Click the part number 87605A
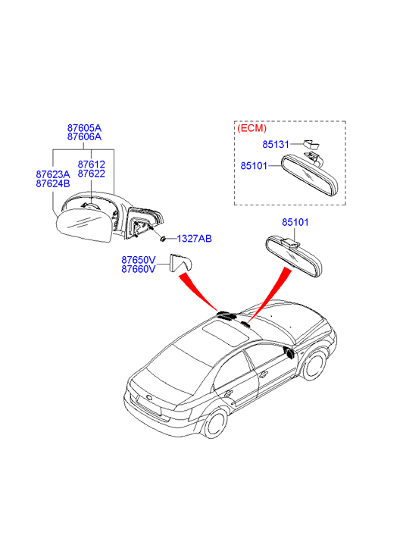coord(84,127)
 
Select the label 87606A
coord(84,136)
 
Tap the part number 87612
coord(92,164)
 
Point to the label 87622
coord(92,174)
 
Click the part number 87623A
coord(53,174)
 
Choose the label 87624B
coord(53,183)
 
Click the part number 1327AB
coord(194,239)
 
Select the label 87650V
coord(139,260)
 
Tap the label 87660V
coord(139,269)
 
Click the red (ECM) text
coord(252,128)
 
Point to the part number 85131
coord(276,144)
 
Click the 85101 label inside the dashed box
coord(254,165)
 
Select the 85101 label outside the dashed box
coord(295,222)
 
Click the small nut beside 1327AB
coord(164,239)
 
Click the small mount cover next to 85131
coord(311,144)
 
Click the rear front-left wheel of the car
coord(215,423)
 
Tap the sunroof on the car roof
coord(226,333)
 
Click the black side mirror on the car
coord(289,353)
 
